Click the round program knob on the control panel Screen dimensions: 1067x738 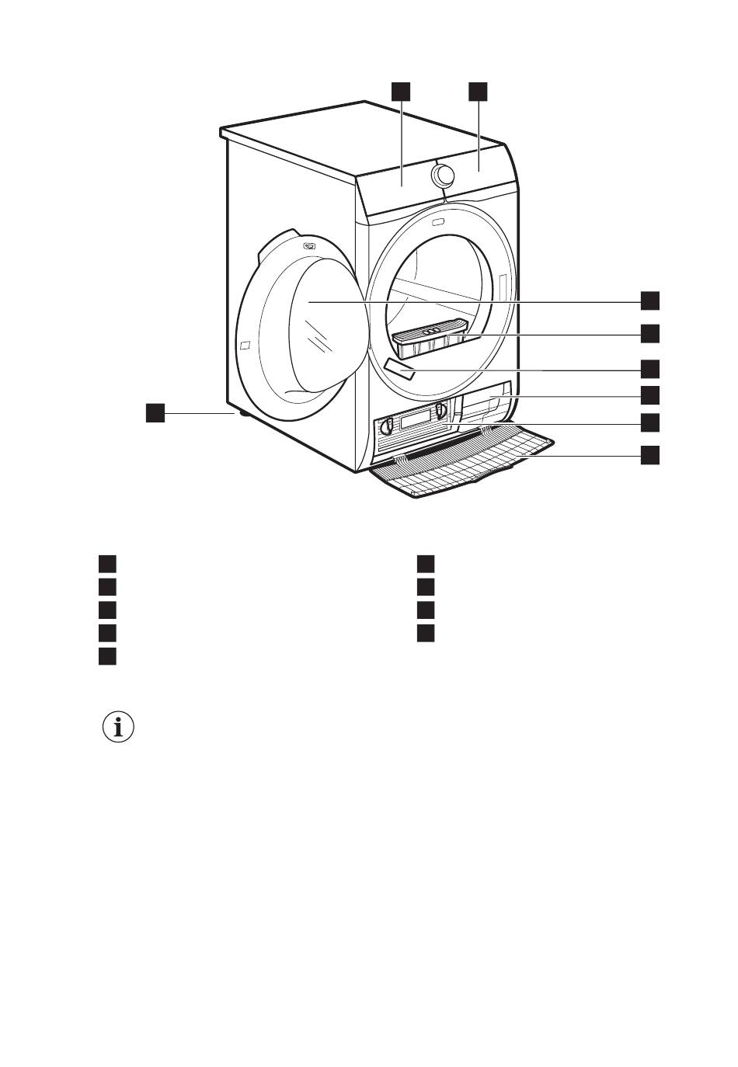[443, 175]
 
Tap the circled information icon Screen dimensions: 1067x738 [118, 728]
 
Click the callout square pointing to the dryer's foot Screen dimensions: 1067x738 [156, 413]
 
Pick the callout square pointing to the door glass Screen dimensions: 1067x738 [650, 301]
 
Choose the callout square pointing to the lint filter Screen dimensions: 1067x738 [650, 334]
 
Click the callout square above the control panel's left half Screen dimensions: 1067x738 [400, 91]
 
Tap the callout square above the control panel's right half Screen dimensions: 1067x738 [478, 91]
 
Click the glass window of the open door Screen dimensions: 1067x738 [326, 326]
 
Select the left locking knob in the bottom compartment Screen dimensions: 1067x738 [385, 426]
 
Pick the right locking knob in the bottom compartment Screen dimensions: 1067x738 [441, 410]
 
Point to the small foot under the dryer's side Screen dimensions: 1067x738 [245, 414]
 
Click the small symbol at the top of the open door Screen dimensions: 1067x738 [310, 246]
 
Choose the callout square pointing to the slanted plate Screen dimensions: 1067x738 [650, 368]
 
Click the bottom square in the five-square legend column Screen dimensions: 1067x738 [107, 656]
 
